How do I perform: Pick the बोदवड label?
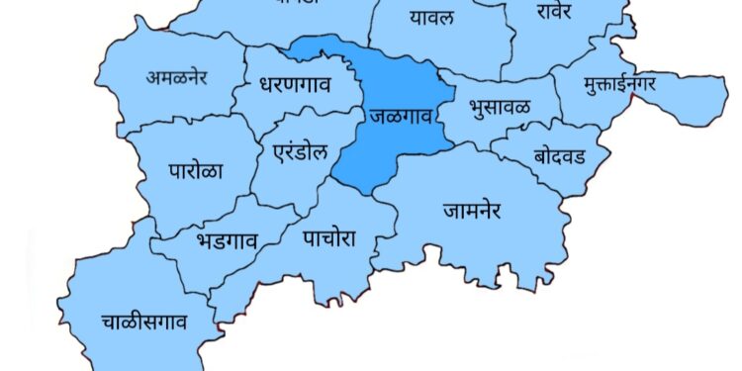click(559, 156)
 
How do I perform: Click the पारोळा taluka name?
click(195, 169)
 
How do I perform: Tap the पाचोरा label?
click(331, 237)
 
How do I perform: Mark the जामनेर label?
click(473, 211)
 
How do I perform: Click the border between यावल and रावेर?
click(507, 40)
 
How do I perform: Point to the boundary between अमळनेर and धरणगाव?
click(240, 79)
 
